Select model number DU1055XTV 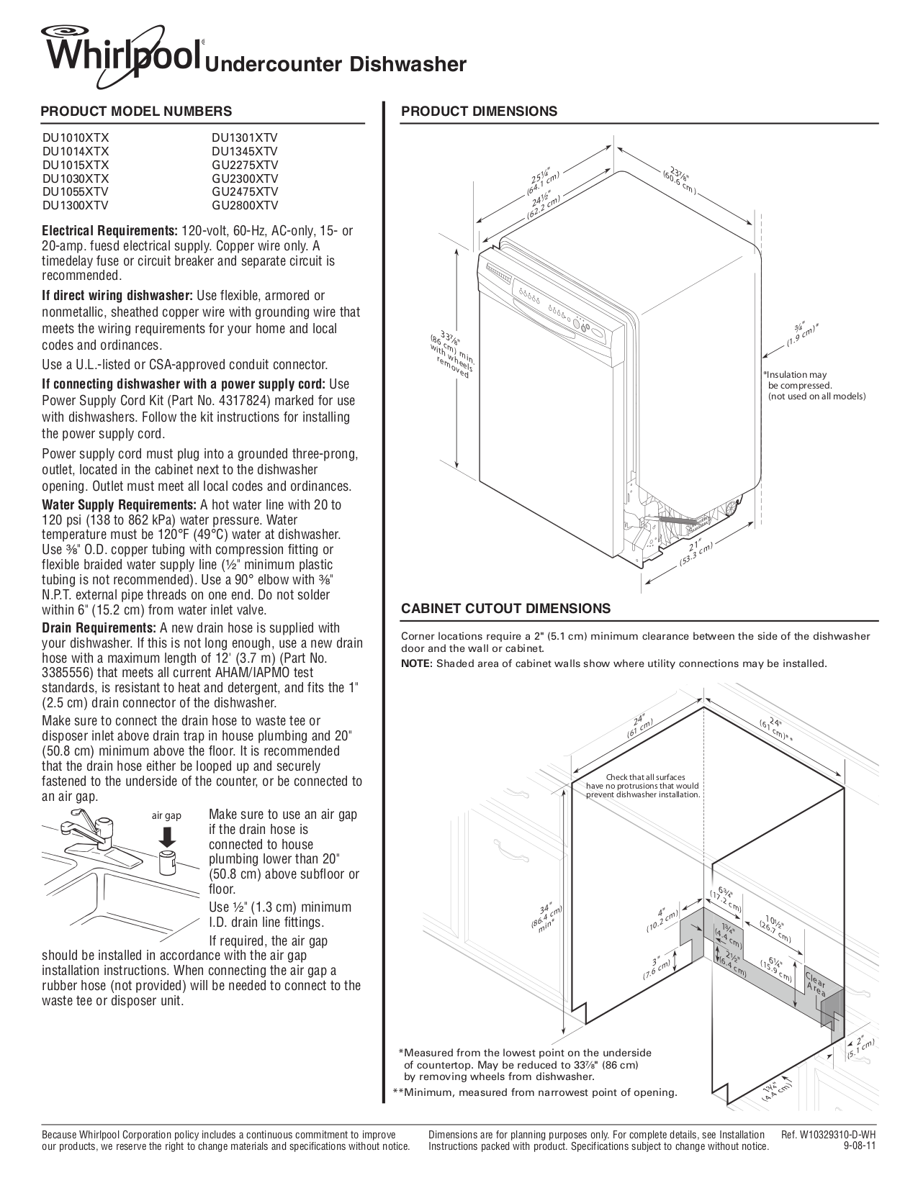76,192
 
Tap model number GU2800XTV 245,206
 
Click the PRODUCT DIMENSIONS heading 479,112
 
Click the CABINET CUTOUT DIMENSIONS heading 505,609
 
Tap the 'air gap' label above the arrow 166,816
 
